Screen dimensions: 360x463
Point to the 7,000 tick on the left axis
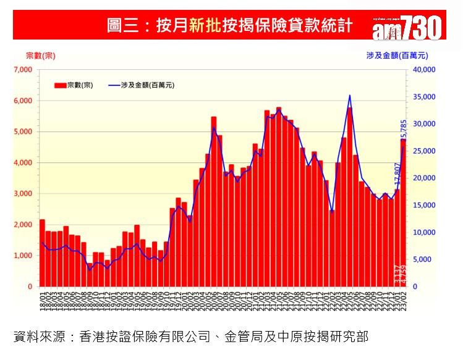22,70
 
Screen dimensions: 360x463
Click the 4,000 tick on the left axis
22,162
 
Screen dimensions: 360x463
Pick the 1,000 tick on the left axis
22,256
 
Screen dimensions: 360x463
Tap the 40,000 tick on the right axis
425,70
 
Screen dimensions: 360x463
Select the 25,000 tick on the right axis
425,151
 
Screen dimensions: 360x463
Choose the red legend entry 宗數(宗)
73,85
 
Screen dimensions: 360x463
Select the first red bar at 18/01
42,253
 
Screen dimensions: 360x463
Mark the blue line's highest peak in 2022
350,95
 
